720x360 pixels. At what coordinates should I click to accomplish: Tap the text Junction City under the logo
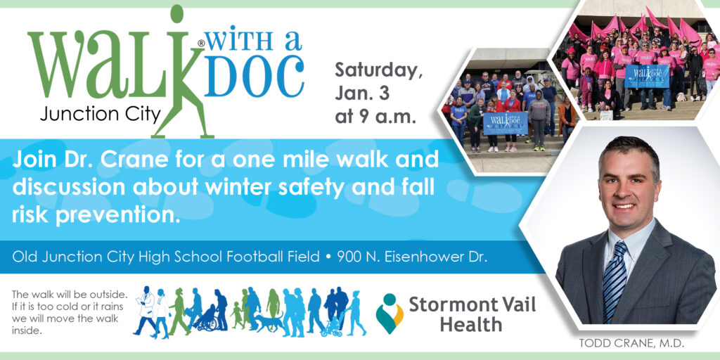point(100,113)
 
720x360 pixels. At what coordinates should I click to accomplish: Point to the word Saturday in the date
point(378,71)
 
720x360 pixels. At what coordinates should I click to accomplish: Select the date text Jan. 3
point(362,94)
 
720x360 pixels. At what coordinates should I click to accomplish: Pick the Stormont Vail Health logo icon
point(390,314)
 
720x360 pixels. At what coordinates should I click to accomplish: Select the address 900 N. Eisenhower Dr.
point(412,257)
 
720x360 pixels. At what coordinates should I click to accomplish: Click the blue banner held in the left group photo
point(505,123)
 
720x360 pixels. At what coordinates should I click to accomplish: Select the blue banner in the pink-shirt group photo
point(647,76)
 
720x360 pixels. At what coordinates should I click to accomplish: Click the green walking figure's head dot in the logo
point(176,13)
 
